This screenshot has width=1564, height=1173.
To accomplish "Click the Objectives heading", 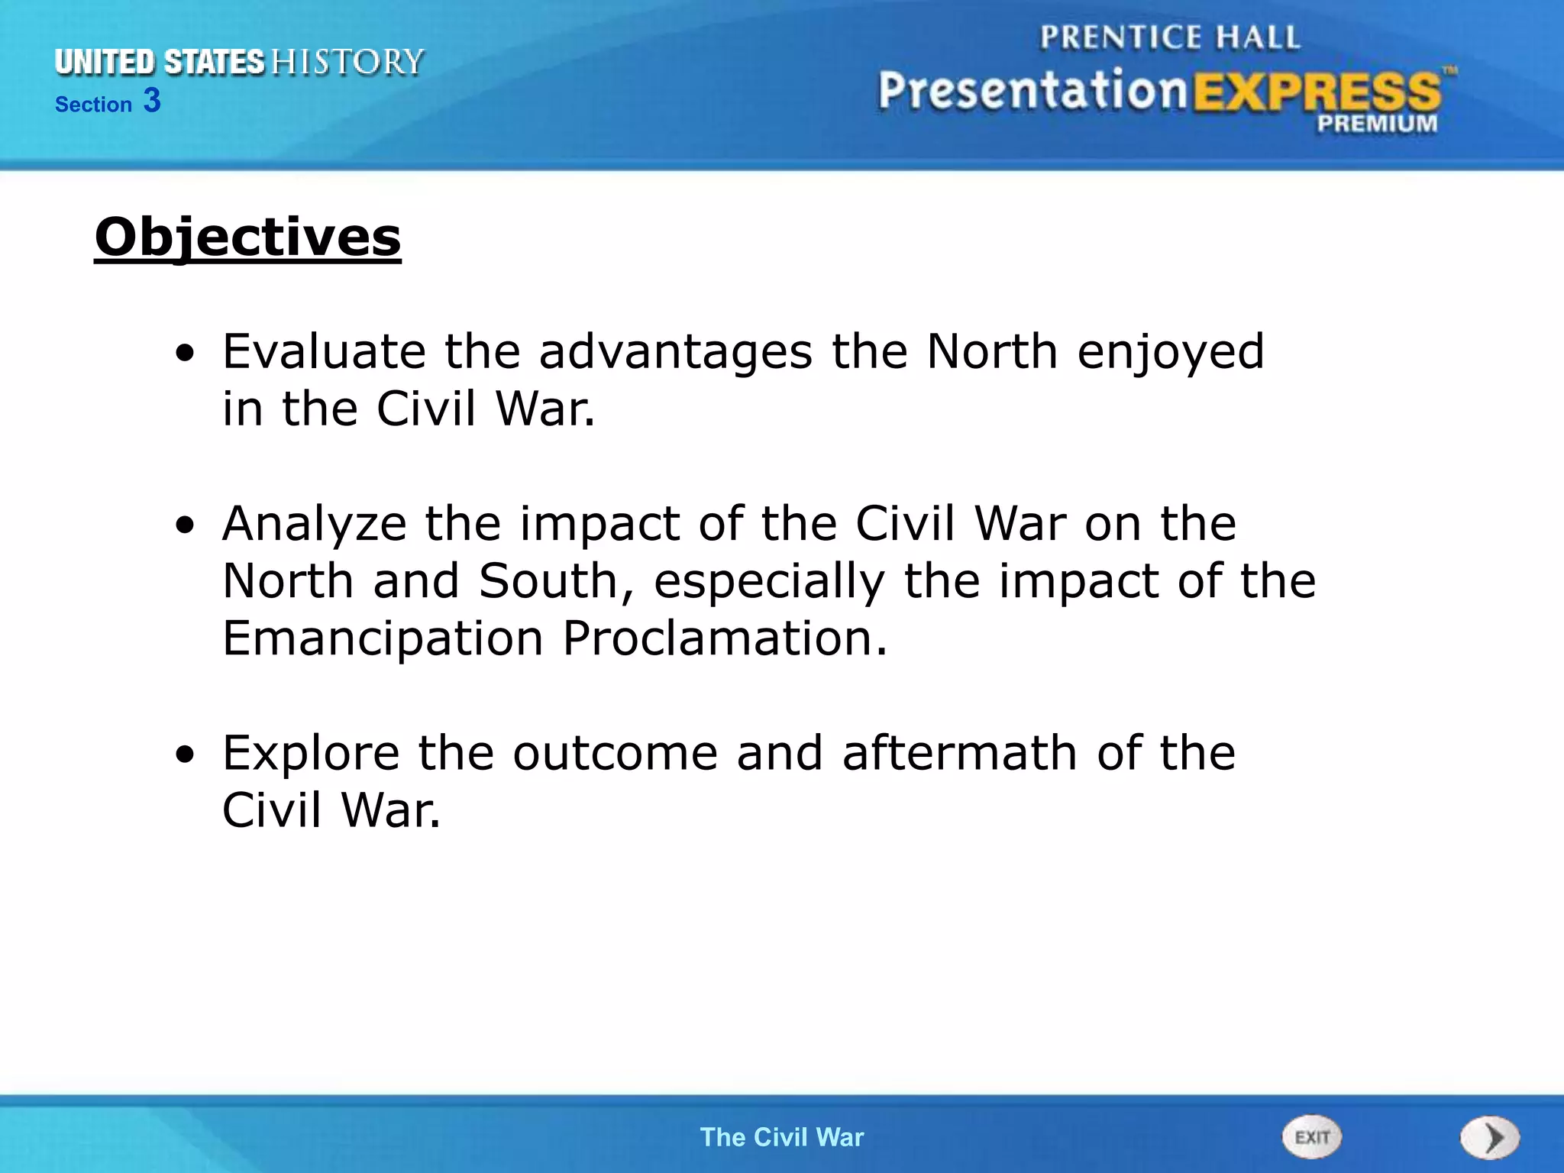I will [x=247, y=238].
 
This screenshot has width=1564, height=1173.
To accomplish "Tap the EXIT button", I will [x=1311, y=1137].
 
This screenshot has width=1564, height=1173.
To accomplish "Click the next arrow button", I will [x=1489, y=1138].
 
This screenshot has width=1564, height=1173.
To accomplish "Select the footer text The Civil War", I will [x=782, y=1137].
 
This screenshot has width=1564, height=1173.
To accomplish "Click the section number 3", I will [x=152, y=101].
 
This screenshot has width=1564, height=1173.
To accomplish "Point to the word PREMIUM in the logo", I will [x=1377, y=123].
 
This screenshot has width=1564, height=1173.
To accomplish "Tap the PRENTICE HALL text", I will [x=1169, y=37].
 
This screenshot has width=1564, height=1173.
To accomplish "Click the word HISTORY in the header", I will [x=347, y=62].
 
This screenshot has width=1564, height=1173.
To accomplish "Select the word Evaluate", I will [x=324, y=352].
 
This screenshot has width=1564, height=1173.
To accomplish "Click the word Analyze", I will [x=314, y=525].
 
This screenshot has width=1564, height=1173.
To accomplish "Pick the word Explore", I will [x=311, y=754].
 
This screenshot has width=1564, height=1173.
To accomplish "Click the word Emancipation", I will [x=383, y=638].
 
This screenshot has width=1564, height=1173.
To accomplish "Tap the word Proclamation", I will [x=725, y=638].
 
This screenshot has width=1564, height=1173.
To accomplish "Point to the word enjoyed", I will [x=1171, y=354].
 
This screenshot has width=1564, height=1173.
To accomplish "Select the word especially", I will [x=769, y=582].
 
